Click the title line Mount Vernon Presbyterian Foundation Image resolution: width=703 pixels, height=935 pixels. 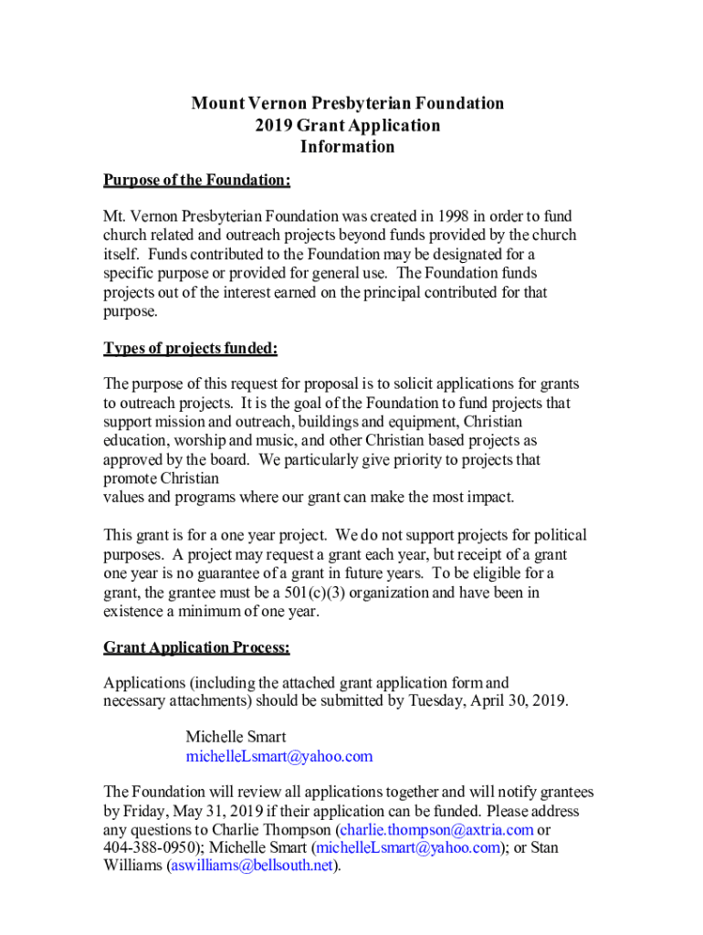pyautogui.click(x=347, y=103)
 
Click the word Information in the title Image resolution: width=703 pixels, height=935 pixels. pyautogui.click(x=347, y=147)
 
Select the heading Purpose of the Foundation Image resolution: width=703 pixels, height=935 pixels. pyautogui.click(x=196, y=181)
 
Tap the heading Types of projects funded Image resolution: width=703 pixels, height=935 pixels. pyautogui.click(x=190, y=349)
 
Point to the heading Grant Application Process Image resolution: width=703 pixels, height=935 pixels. pyautogui.click(x=196, y=648)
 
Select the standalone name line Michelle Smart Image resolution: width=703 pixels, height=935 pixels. pyautogui.click(x=236, y=737)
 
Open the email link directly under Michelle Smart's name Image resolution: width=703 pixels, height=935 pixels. pyautogui.click(x=279, y=757)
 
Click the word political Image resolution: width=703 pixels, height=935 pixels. pyautogui.click(x=559, y=536)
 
